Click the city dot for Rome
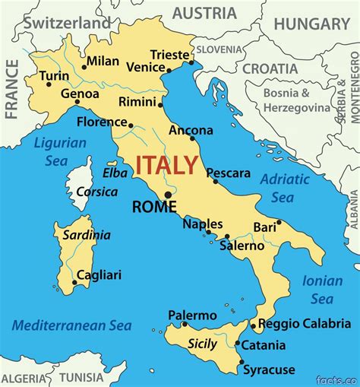tap(168, 195)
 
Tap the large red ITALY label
tap(167, 165)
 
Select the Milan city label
tap(103, 61)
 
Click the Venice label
tap(145, 68)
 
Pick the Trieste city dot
tap(191, 62)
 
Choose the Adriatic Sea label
tap(285, 188)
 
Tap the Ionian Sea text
tap(322, 290)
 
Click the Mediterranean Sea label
tap(71, 325)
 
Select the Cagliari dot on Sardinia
tap(74, 283)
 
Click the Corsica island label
tap(96, 192)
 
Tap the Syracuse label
tap(268, 370)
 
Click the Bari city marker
tap(279, 223)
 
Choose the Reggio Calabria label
tap(305, 324)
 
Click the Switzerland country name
tap(67, 24)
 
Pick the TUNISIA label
tap(81, 377)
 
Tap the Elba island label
tap(115, 173)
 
